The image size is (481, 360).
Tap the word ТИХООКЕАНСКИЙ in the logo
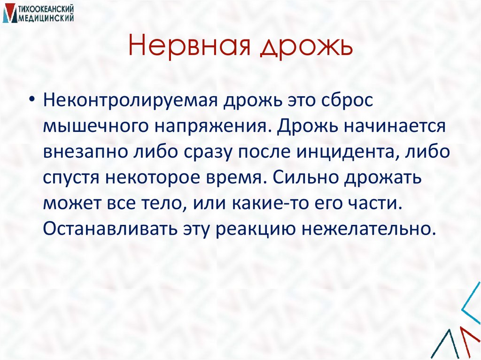pos(43,9)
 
